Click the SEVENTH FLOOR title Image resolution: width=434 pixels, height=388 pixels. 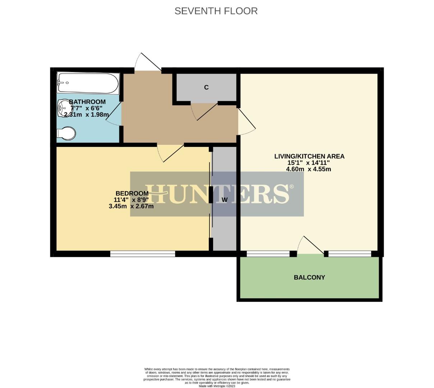(216, 11)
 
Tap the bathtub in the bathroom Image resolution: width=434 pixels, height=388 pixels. (88, 83)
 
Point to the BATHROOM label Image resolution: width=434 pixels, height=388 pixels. (87, 102)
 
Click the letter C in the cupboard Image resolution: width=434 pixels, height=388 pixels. (206, 87)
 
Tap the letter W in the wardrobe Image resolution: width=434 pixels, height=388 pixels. (225, 200)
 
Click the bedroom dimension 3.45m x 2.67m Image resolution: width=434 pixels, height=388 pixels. (131, 206)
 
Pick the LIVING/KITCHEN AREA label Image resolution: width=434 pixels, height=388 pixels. (309, 156)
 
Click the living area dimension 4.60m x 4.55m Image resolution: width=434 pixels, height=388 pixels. (308, 169)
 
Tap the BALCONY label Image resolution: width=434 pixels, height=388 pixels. (309, 277)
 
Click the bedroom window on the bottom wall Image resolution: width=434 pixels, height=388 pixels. (143, 254)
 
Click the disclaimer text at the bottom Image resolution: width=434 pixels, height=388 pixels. (217, 376)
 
